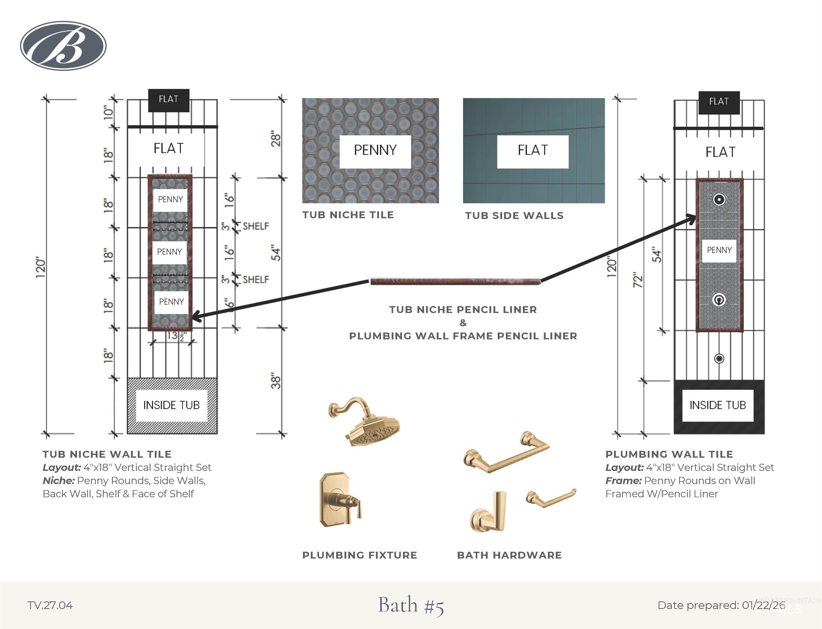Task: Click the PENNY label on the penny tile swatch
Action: point(375,150)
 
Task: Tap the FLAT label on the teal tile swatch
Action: point(533,150)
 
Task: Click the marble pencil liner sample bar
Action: point(455,281)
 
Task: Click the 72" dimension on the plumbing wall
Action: point(638,280)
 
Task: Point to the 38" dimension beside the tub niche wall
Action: point(275,381)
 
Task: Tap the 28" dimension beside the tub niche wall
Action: point(275,139)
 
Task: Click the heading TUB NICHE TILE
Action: point(348,215)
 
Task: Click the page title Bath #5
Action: point(411,605)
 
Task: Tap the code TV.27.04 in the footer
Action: point(50,606)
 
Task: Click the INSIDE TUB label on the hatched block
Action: point(171,405)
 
